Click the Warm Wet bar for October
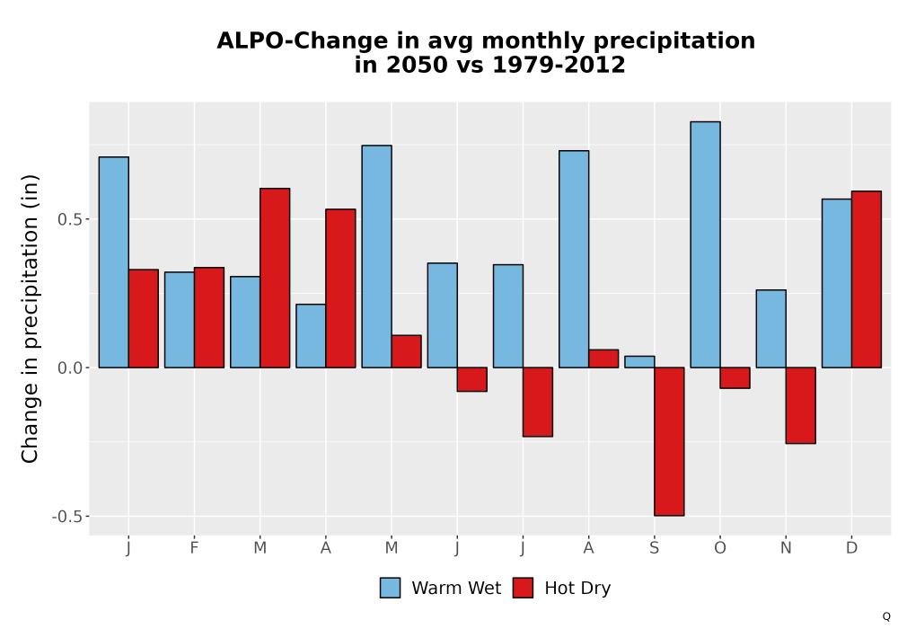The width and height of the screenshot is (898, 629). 705,244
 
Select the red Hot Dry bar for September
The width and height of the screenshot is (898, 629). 669,442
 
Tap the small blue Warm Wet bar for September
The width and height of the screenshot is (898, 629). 639,362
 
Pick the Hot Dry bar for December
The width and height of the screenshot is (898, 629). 867,279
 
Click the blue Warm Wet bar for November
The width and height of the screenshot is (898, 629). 770,329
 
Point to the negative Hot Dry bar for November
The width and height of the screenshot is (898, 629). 801,405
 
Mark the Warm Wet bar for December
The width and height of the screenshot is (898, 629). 837,284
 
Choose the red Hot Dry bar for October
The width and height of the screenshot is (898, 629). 735,378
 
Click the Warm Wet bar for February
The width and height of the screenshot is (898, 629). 180,320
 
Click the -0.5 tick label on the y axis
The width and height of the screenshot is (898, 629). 67,517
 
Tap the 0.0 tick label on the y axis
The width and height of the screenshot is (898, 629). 70,368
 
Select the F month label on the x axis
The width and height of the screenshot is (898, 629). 194,548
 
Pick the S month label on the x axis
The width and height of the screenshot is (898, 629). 654,548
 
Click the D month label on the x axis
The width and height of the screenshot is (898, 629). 851,548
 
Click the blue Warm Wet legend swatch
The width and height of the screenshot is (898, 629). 390,588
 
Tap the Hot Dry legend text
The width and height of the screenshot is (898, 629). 577,589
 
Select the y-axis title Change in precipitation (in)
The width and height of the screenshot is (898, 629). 30,318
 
